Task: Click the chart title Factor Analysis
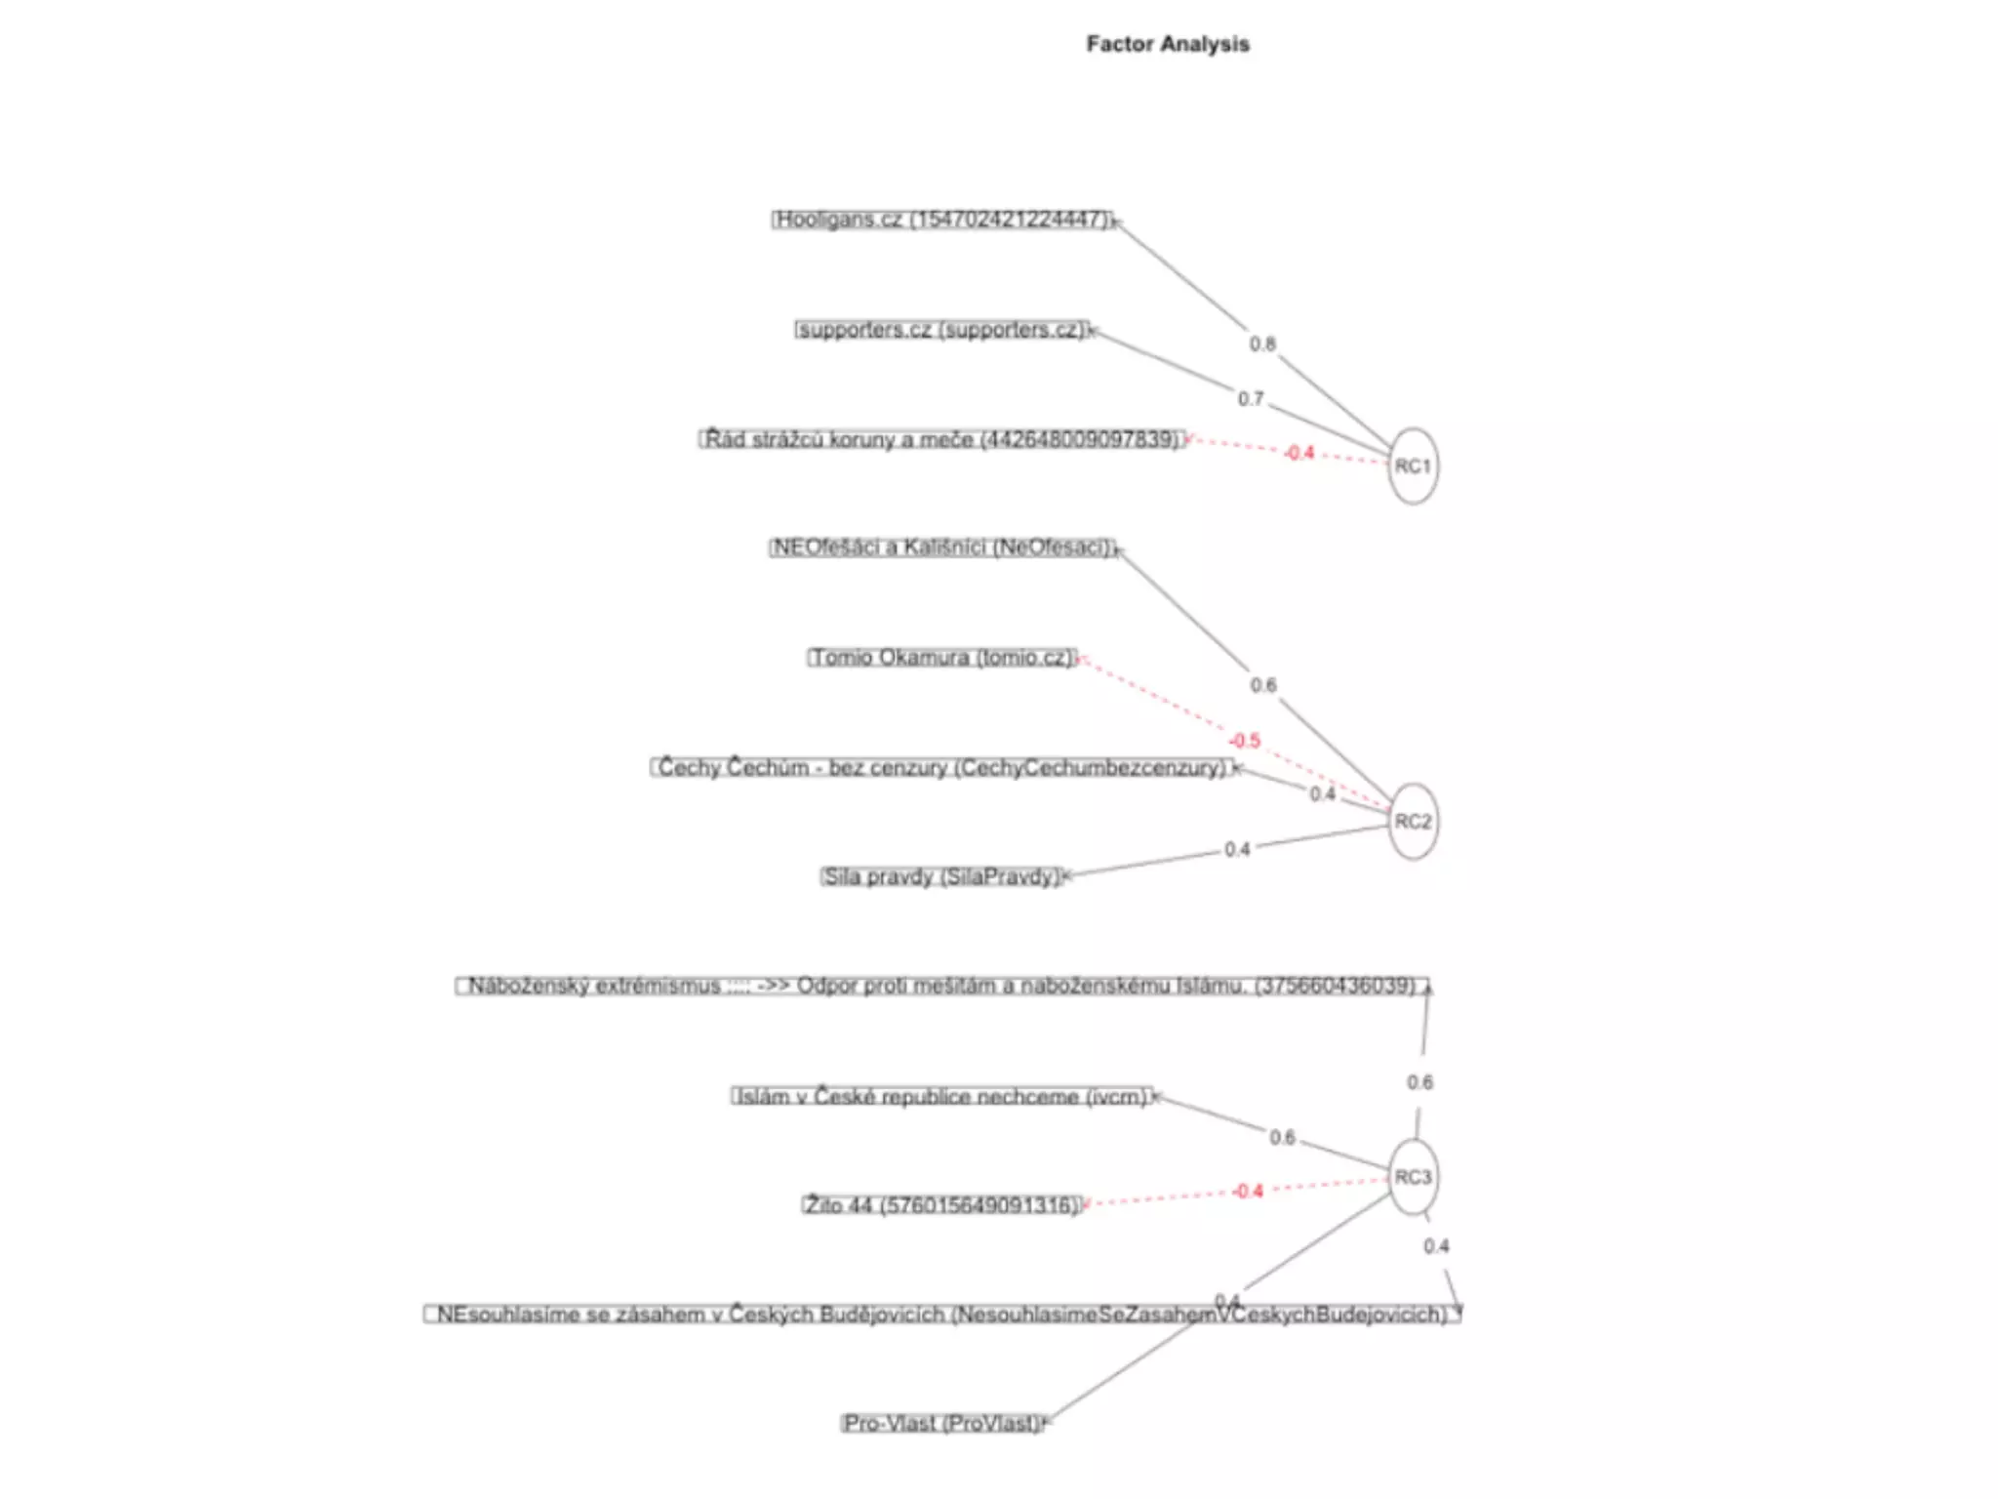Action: coord(1168,44)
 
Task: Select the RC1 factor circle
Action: coord(1413,466)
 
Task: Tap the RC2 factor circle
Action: coord(1413,822)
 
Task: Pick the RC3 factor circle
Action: coord(1413,1177)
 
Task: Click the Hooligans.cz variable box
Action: coord(942,220)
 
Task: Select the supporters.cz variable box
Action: coord(941,330)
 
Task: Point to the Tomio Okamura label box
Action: coord(942,658)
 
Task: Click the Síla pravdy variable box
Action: coord(941,876)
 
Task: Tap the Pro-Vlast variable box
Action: coord(942,1423)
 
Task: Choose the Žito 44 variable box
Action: coord(942,1205)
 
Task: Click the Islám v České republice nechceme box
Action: coord(942,1097)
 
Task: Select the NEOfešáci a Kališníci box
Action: coord(942,547)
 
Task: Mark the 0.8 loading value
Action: coord(1262,344)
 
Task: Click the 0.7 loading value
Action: coord(1251,399)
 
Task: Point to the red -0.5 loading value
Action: coord(1245,741)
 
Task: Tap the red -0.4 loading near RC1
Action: coord(1299,453)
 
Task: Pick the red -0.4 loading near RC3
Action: coord(1248,1192)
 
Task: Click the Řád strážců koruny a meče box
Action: coord(942,439)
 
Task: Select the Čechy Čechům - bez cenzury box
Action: coord(942,768)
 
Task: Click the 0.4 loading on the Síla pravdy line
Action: coord(1237,850)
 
